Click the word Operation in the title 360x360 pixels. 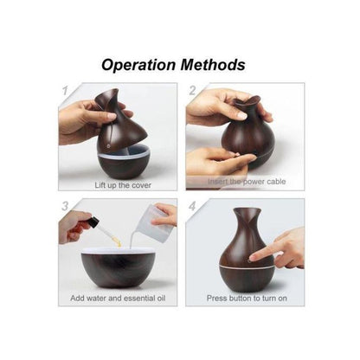click(138, 65)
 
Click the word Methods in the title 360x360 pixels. click(213, 65)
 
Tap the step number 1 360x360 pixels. click(65, 90)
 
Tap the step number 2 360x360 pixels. click(192, 90)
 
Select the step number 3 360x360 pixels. click(65, 206)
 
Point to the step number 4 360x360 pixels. click(192, 206)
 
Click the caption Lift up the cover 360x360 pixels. click(123, 185)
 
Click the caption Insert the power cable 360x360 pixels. click(247, 182)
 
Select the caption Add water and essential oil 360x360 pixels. click(118, 298)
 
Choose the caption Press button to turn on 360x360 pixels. click(247, 298)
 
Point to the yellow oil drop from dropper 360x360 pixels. click(118, 242)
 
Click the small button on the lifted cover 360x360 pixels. click(108, 146)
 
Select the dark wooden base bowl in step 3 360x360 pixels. click(119, 269)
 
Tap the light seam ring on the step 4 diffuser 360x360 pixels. click(246, 266)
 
